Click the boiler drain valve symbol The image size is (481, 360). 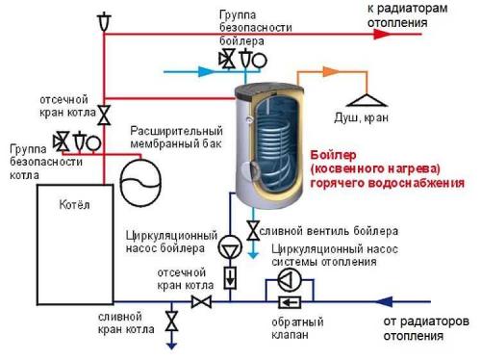(253, 231)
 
